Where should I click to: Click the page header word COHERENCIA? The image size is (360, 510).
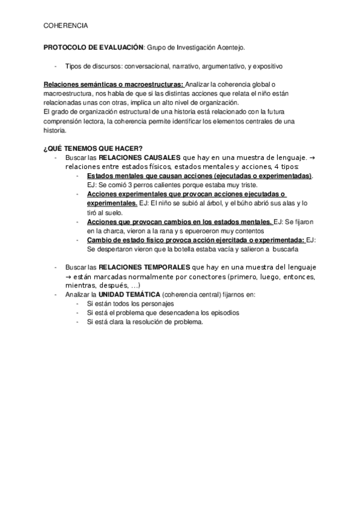66,26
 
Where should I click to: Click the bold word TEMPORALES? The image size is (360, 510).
161,268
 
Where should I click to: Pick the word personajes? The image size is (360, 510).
158,304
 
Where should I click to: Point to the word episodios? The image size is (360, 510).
223,313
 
